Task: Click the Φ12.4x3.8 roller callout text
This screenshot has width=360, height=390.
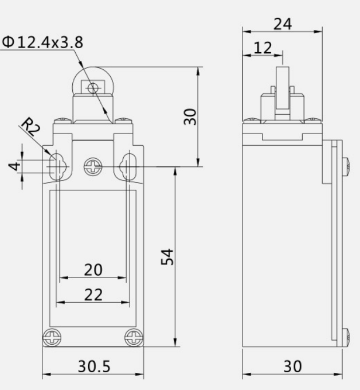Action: (42, 42)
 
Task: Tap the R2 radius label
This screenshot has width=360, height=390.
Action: (31, 127)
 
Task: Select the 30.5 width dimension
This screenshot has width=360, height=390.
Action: (94, 366)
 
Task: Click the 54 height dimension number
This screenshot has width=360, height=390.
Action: (167, 257)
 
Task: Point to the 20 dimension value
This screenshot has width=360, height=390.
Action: (93, 270)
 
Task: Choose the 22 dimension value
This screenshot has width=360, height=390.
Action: (93, 295)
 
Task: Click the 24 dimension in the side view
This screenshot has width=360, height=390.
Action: (283, 24)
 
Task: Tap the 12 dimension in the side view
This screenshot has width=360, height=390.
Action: (263, 48)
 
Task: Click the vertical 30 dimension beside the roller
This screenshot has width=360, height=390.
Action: (190, 116)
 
